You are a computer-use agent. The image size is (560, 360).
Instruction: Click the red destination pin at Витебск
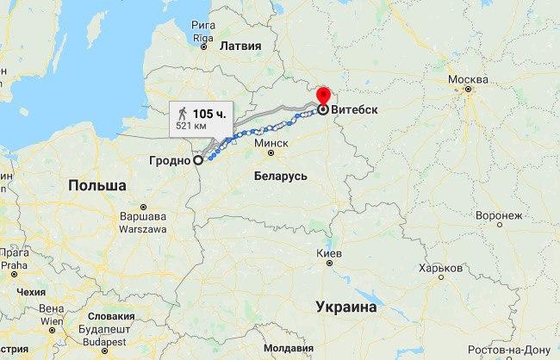[x=323, y=96]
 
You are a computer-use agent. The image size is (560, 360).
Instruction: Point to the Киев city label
[x=329, y=254]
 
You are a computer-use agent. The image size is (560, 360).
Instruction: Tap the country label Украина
[x=346, y=307]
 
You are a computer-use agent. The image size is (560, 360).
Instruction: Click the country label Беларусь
[x=281, y=176]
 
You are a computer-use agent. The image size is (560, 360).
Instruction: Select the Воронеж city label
[x=498, y=214]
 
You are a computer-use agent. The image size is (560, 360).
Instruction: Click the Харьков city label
[x=440, y=268]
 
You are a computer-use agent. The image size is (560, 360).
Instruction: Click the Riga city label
[x=202, y=38]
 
